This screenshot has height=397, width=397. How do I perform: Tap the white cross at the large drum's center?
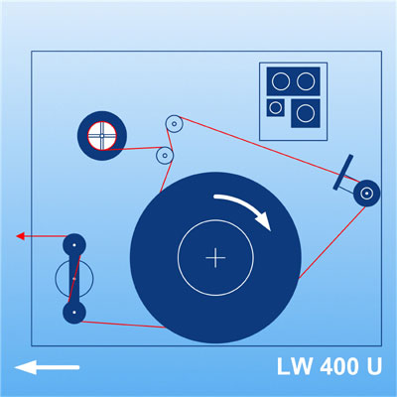pos(215,257)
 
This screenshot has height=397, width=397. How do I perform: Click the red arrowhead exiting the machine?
pos(20,236)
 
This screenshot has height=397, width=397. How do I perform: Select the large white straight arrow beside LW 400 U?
pos(47,367)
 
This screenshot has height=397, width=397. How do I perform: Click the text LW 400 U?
pos(330,366)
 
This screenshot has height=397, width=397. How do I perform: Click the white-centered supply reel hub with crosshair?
pos(102,136)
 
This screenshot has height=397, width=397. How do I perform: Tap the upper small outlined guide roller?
pos(174,124)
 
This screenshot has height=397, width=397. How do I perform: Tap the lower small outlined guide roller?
pos(165,156)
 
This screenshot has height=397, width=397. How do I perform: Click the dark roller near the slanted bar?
pos(366,194)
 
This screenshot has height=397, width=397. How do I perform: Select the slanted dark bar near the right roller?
pos(343,173)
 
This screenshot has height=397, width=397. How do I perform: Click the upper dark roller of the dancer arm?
pos(74,245)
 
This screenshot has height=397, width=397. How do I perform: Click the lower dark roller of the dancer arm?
pos(74,312)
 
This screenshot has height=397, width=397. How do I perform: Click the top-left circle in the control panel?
pos(281,81)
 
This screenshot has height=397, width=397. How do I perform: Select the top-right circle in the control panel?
pos(306,81)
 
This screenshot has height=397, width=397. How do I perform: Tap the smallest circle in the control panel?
pos(275,107)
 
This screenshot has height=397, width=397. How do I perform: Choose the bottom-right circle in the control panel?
pos(306,113)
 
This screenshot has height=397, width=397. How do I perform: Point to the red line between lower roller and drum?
pos(124,325)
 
